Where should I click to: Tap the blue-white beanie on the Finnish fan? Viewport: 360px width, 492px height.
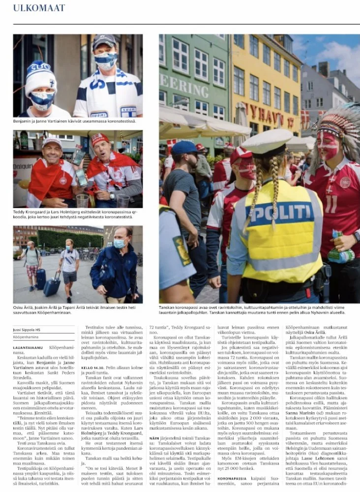[x=41, y=76]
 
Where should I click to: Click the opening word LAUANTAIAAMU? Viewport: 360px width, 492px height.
[x=30, y=347]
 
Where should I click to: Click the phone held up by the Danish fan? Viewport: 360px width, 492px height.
[x=79, y=156]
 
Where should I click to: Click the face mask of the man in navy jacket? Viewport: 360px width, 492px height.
[x=119, y=243]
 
